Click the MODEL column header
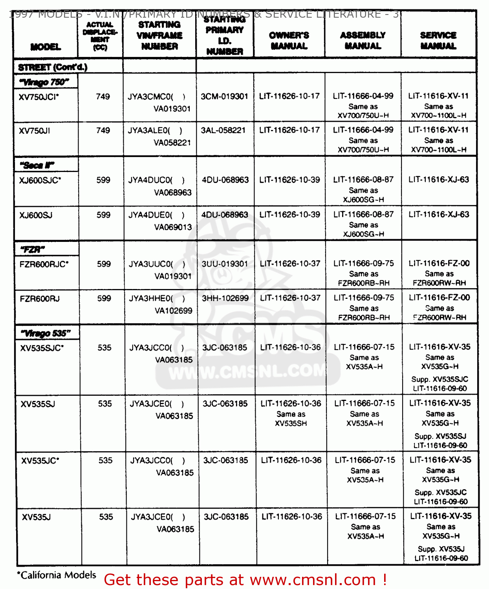46,47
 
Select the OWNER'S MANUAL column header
289,40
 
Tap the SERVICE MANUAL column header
438,40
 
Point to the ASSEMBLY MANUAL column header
363,40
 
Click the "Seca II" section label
37,165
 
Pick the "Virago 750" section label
44,82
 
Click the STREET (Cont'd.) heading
53,67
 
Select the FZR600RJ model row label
40,299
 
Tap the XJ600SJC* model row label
40,180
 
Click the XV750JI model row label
35,131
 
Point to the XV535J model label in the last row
36,517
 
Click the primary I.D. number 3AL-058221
223,130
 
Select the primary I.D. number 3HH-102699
225,298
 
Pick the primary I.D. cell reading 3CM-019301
224,97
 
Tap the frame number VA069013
173,227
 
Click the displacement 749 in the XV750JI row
103,130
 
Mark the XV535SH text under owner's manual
291,423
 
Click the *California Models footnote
57,575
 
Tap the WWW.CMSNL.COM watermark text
247,371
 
